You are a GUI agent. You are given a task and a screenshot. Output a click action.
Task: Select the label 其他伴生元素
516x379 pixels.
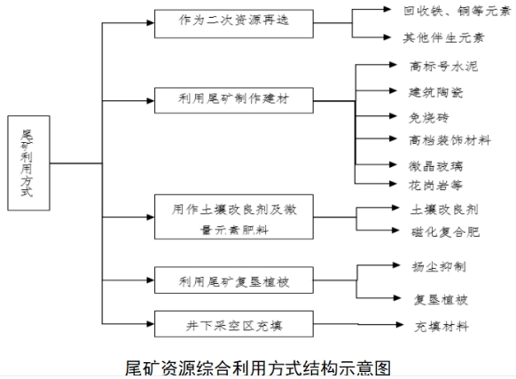coord(432,38)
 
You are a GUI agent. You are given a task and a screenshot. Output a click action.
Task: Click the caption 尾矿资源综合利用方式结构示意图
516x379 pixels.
coord(258,366)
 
